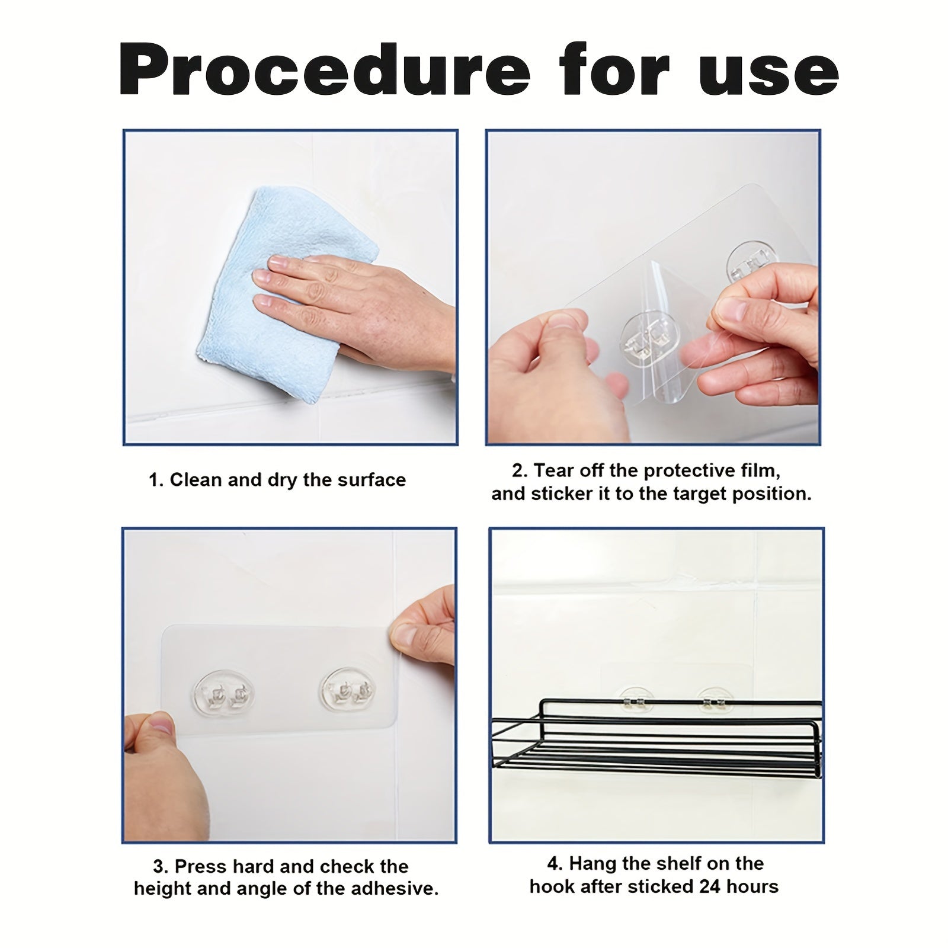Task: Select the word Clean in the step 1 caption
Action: [x=196, y=480]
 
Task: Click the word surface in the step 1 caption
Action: [x=371, y=480]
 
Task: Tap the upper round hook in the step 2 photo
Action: [x=751, y=261]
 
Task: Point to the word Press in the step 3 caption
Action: [x=201, y=866]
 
